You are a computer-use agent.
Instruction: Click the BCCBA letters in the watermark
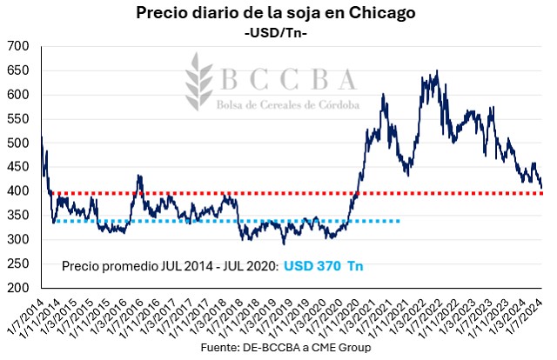(288, 80)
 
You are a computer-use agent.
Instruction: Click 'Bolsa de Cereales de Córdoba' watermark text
(288, 104)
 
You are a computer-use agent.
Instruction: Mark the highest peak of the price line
(436, 71)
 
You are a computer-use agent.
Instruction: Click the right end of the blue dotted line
(399, 221)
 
